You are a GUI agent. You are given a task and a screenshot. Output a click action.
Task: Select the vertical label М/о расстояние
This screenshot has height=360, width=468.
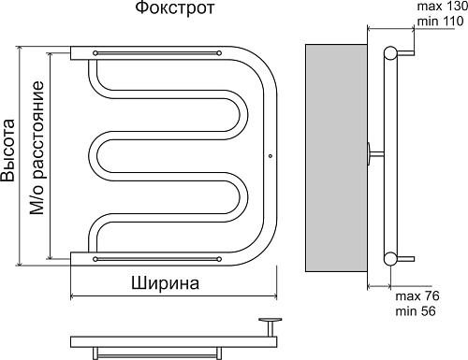coord(37,150)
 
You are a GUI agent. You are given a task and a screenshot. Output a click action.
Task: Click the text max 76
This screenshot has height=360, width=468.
coord(417,295)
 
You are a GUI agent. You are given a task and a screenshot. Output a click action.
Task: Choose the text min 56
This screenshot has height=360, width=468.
coord(417,310)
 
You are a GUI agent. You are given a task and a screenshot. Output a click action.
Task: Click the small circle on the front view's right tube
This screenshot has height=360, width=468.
coord(269,155)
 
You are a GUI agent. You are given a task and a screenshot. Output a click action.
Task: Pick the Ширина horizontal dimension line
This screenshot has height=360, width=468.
coord(173,297)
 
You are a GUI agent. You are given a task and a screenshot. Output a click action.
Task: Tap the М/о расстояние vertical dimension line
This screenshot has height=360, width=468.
coord(51,154)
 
